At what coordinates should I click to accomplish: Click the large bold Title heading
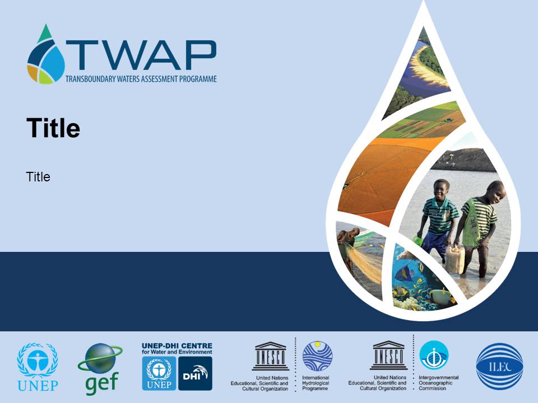pos(53,128)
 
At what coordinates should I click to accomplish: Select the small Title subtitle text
pos(38,177)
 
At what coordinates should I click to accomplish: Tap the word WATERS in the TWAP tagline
pos(129,79)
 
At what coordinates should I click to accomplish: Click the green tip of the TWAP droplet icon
pos(45,34)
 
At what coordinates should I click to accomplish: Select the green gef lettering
pos(102,383)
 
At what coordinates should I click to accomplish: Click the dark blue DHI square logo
pos(195,373)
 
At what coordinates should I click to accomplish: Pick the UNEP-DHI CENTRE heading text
pos(177,346)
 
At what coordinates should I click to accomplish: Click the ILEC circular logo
pos(499,366)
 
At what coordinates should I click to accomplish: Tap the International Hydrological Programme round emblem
pos(317,356)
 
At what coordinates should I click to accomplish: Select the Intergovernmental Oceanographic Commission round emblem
pos(434,355)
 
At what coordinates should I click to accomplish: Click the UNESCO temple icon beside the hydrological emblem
pos(271,356)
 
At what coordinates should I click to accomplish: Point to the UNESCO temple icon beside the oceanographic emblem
pos(388,355)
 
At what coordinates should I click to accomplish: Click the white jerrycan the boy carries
pos(455,259)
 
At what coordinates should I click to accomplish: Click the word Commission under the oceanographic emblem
pos(432,388)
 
